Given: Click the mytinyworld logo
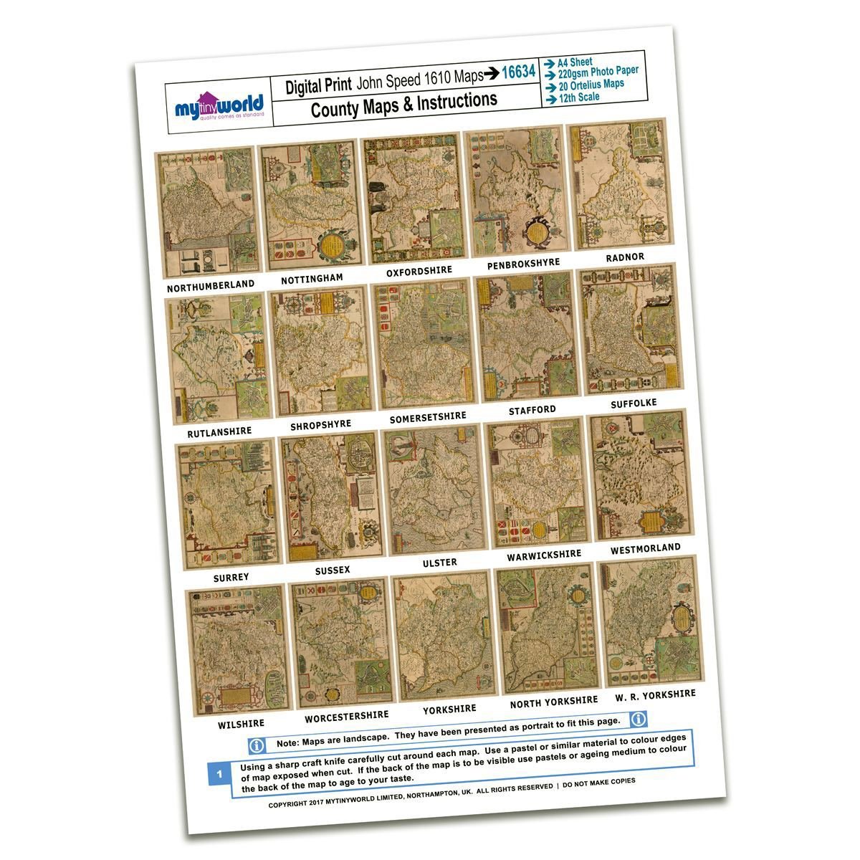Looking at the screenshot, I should coord(219,106).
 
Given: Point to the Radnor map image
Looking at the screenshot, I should coord(618,185).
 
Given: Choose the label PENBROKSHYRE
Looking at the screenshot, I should coord(523,264).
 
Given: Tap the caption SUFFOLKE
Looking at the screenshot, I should coord(634,403).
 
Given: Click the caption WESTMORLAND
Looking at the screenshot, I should coord(645,549).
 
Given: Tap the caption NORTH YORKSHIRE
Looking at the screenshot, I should coord(553,702).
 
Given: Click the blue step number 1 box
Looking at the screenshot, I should coord(219,774).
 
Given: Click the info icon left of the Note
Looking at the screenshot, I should coord(257,746).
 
